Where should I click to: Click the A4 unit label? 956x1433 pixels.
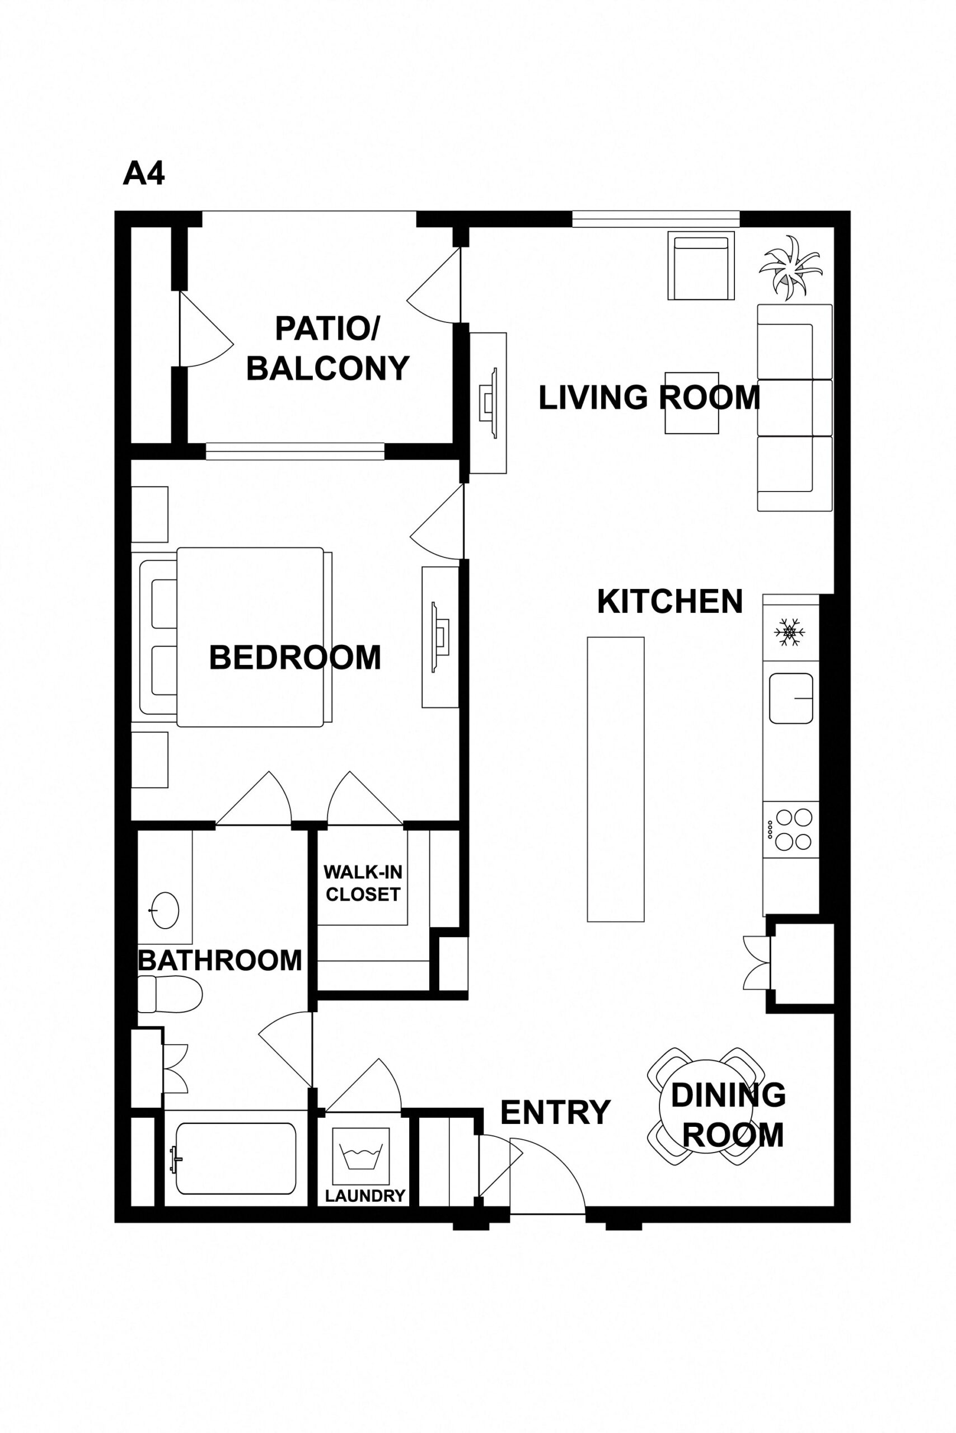pos(144,174)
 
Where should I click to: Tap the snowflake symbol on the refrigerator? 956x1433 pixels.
pos(790,633)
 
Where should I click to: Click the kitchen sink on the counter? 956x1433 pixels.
pos(791,698)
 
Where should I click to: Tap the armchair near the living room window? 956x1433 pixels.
pos(701,266)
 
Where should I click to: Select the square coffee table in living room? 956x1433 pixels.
pos(691,402)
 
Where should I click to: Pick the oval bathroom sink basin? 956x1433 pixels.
pos(165,910)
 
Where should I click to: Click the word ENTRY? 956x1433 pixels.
pos(555,1112)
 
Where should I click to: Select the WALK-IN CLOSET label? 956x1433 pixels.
pos(362,883)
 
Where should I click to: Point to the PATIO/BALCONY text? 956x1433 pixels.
pos(327,348)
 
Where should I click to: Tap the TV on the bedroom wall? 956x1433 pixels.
pos(440,637)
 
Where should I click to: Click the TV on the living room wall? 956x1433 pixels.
pos(488,402)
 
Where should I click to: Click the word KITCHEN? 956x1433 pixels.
pos(669,602)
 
